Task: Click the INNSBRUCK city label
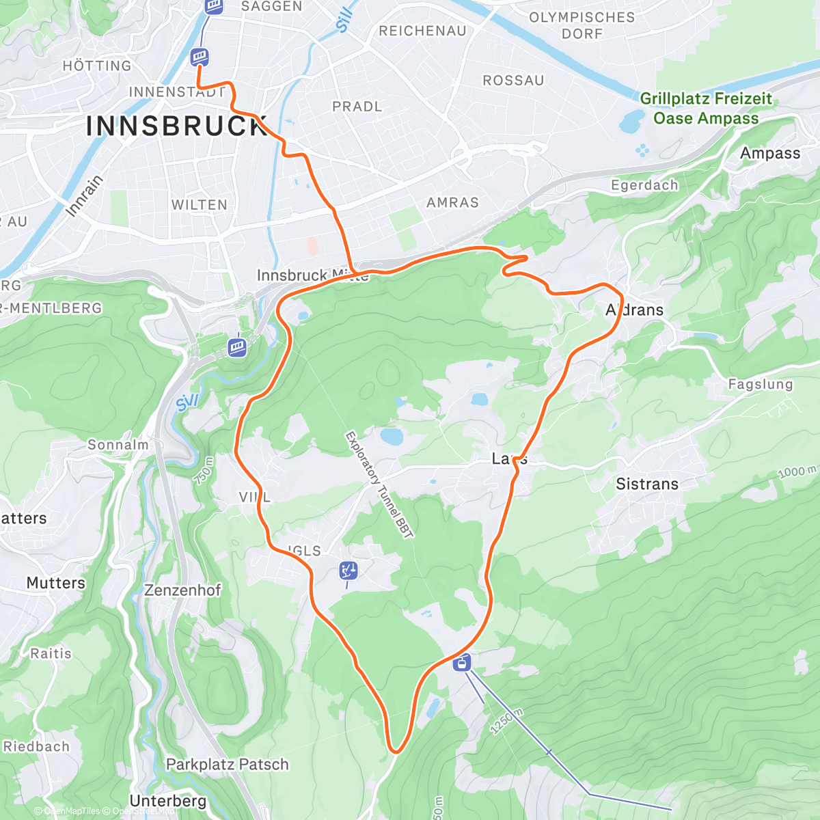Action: point(176,126)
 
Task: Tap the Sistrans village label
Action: point(647,484)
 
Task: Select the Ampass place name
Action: point(769,153)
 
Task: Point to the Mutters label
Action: point(56,583)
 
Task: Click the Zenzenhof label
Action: point(182,590)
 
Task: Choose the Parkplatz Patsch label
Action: point(228,765)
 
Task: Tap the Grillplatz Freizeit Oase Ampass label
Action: point(706,109)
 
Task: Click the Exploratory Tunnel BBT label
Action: point(379,484)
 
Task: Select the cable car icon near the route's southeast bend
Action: point(463,661)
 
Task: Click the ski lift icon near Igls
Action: point(348,571)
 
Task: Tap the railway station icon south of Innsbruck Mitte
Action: point(237,346)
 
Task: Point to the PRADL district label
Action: point(357,107)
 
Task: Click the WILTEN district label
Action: point(199,205)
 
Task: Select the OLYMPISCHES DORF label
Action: point(582,25)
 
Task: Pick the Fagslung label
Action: point(760,385)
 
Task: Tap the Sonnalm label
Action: point(118,445)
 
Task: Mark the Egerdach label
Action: point(644,185)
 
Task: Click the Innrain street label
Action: point(84,196)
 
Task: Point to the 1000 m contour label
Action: point(797,472)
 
